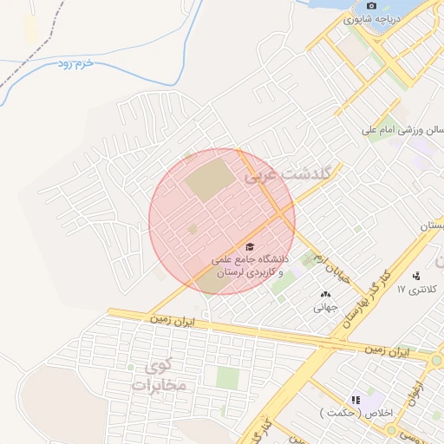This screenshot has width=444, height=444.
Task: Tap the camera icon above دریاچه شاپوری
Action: click(371, 5)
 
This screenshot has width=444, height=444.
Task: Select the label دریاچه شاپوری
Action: click(371, 18)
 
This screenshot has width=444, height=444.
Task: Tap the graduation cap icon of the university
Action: click(251, 247)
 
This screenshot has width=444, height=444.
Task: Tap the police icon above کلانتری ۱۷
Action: click(417, 276)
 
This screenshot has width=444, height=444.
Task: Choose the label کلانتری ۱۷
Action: click(424, 289)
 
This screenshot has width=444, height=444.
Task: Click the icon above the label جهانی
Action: click(325, 295)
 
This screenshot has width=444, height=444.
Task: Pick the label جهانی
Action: click(325, 307)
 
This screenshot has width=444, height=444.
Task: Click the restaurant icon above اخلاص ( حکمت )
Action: click(356, 400)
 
